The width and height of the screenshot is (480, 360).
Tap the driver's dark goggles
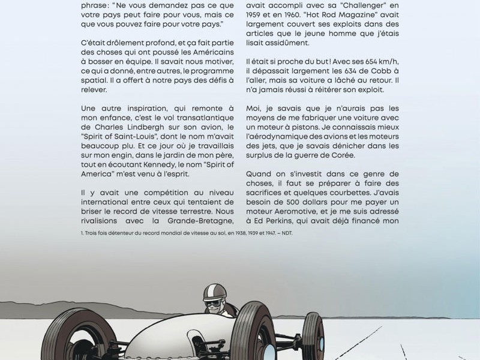click(x=214, y=304)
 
